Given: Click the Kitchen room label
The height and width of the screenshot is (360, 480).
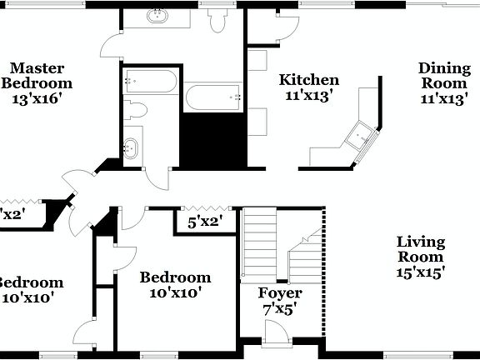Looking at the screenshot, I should (309, 80).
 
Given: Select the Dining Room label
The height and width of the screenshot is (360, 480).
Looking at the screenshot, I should (444, 75).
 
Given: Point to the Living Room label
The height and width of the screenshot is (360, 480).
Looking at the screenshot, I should (421, 249).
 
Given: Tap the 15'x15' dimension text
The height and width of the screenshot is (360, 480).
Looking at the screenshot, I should (421, 271).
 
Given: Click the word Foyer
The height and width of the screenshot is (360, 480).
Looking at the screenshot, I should (279, 293).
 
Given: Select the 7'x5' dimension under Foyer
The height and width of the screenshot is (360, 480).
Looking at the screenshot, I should (279, 307).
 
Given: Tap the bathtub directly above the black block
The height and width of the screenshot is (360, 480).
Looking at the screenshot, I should (213, 97).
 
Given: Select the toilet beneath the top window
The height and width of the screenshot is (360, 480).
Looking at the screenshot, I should (218, 20).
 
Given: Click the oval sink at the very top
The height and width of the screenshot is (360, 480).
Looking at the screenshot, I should (156, 16).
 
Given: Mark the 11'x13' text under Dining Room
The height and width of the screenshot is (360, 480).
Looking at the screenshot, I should (444, 98).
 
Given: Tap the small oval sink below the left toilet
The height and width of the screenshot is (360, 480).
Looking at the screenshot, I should (130, 148).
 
